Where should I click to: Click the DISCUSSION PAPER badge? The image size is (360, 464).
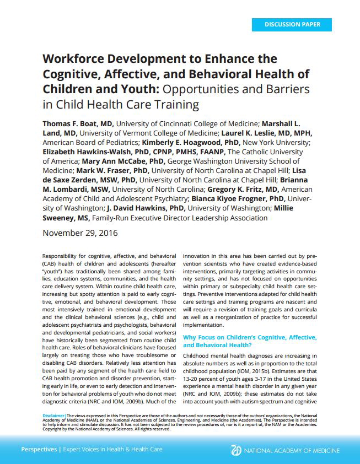click(x=293, y=24)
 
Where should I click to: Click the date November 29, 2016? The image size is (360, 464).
click(x=80, y=233)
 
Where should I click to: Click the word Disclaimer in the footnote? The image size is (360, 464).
click(x=53, y=414)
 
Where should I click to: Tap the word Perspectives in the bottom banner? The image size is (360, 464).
click(x=39, y=449)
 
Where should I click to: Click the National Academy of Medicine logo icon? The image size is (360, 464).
click(x=237, y=450)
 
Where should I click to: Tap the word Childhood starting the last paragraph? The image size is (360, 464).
click(x=199, y=356)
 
